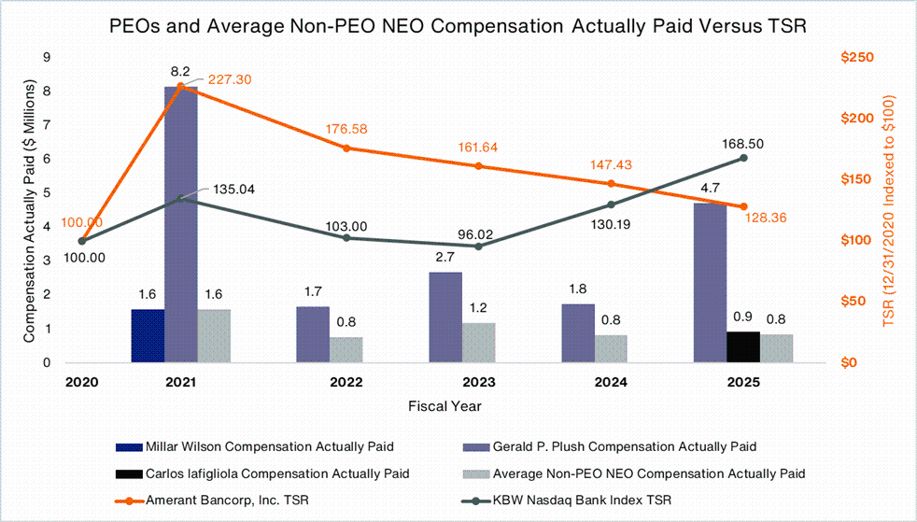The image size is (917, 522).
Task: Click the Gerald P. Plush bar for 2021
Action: [x=180, y=224]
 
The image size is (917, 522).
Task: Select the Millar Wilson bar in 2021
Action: [x=148, y=335]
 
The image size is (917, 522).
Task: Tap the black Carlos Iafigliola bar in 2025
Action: [x=743, y=346]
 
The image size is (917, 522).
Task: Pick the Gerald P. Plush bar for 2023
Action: [x=445, y=317]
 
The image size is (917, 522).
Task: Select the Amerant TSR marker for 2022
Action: [x=346, y=148]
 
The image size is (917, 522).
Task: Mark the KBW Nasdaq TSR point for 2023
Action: [x=479, y=246]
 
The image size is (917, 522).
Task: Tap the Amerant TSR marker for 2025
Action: [x=743, y=206]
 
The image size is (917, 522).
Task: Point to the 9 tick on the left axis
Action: [x=47, y=58]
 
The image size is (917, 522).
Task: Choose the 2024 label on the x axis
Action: [x=611, y=383]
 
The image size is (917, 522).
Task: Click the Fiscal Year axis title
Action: [x=444, y=405]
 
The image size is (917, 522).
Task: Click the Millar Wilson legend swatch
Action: [x=128, y=444]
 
